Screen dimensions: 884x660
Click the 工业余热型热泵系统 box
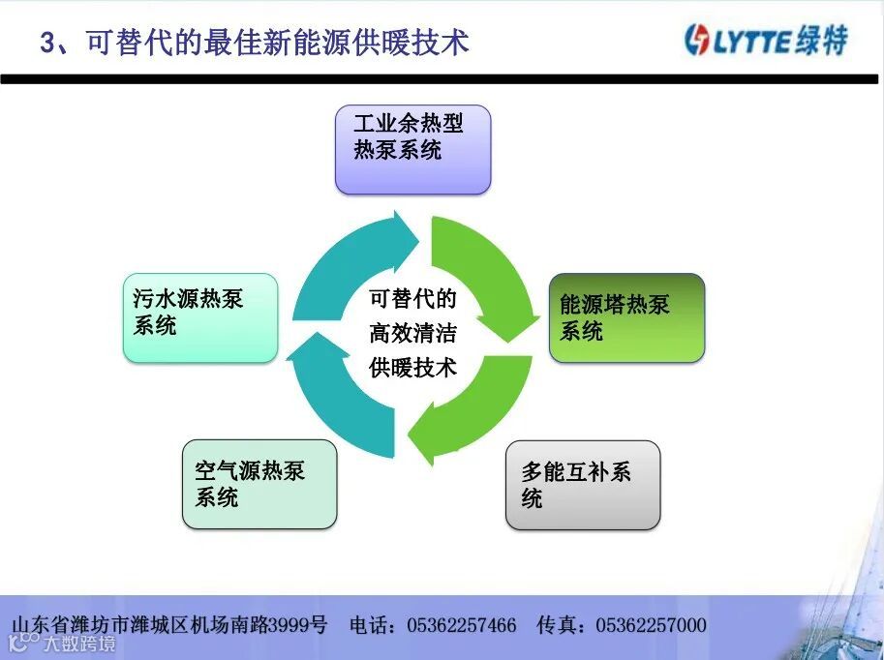pos(412,149)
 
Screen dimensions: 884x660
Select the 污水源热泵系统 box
pos(200,317)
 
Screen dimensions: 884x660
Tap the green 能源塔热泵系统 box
pos(626,317)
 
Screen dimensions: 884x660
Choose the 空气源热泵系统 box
pos(259,484)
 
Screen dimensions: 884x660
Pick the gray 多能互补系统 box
pos(583,485)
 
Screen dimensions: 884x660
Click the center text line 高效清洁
pos(412,334)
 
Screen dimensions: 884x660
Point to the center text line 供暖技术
pos(412,368)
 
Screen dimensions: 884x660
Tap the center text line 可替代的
pos(412,299)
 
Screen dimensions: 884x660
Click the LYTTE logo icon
pos(697,41)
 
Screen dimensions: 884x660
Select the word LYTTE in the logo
pos(753,42)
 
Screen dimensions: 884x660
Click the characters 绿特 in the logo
pos(824,41)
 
